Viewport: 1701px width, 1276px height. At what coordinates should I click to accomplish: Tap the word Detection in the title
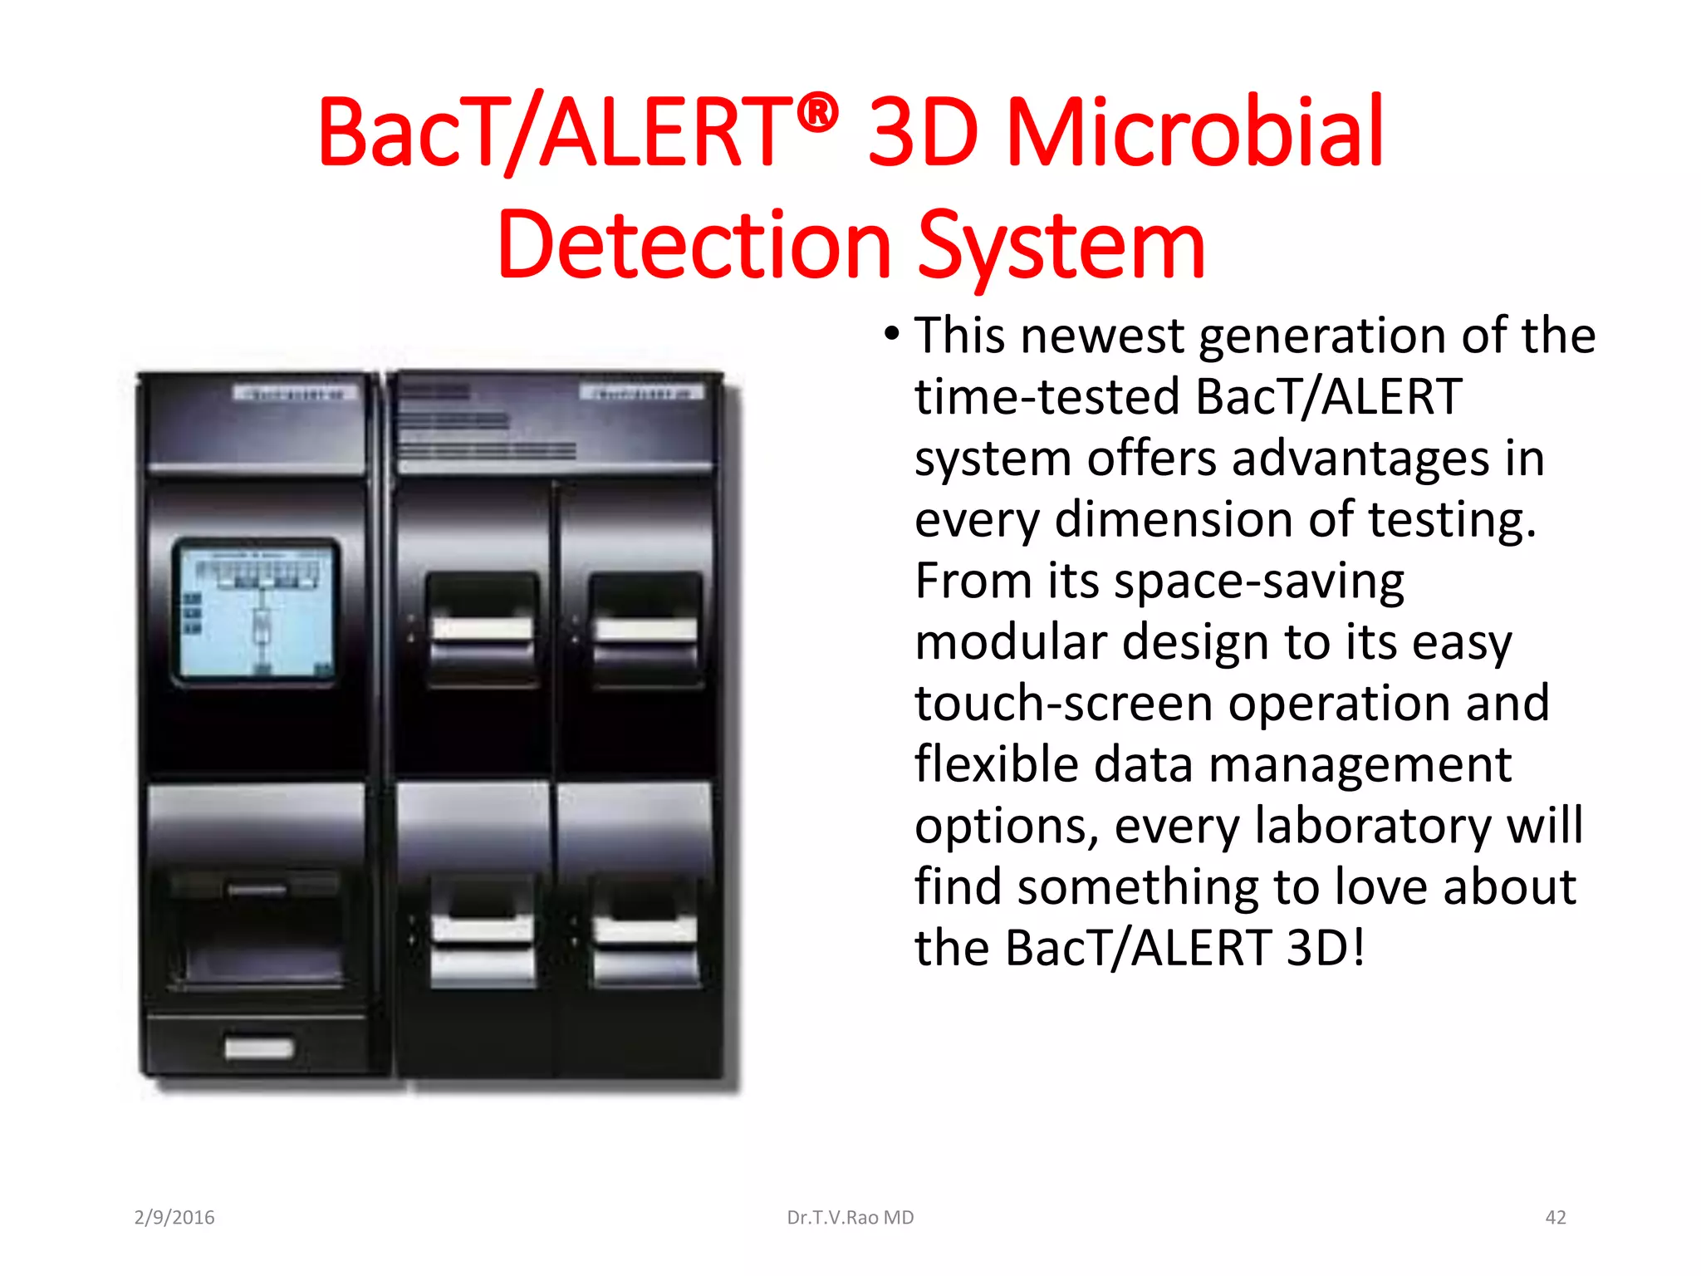[x=694, y=246]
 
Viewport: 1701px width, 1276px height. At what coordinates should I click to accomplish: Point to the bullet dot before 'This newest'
[x=891, y=335]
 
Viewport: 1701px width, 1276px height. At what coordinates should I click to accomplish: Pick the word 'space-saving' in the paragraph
[x=1259, y=582]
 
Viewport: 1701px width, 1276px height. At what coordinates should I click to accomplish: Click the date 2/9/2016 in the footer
[x=174, y=1218]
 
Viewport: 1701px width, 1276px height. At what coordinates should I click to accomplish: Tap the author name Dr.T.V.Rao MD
[x=850, y=1218]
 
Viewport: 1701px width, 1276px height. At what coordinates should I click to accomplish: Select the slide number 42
[x=1555, y=1218]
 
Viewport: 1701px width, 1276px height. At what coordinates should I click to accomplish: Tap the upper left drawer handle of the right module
[x=482, y=629]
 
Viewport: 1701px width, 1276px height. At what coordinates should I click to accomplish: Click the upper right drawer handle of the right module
[x=645, y=629]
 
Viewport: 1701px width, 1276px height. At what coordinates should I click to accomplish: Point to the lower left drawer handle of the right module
[x=482, y=929]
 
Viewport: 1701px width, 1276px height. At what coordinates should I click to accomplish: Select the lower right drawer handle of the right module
[x=645, y=929]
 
